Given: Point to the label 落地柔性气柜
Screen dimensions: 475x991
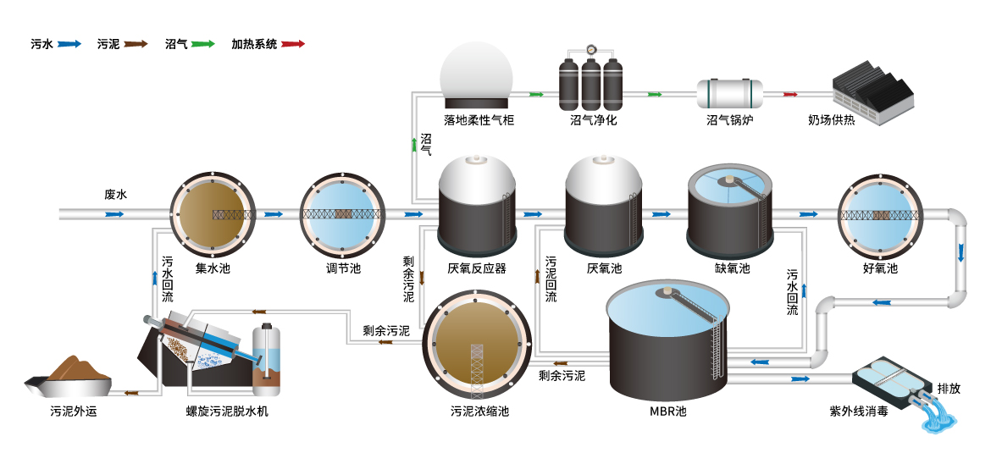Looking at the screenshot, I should [479, 120].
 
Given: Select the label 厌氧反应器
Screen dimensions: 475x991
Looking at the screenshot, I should [477, 268].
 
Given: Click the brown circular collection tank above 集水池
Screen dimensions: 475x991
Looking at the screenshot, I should [213, 214].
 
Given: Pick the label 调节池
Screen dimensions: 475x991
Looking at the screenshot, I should [343, 268].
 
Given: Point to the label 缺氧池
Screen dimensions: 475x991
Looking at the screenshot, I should [732, 268].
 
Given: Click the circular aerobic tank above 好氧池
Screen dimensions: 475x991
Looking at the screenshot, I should [879, 214].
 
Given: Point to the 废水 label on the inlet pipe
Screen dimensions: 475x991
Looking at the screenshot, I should [115, 195].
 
